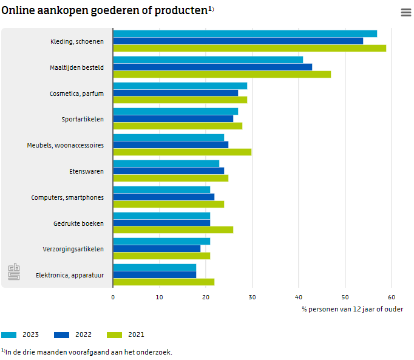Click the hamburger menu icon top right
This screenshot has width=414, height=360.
406,13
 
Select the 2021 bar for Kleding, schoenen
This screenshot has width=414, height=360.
249,48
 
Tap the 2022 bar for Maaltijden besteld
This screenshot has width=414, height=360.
212,67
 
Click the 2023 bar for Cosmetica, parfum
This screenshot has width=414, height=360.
180,86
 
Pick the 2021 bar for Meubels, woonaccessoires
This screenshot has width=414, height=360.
182,152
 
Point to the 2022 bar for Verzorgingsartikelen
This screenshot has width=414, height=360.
157,248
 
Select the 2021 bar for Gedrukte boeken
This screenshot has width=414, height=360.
173,229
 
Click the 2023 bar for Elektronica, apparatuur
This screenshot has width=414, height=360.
154,267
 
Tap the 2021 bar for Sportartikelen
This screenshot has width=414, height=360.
177,126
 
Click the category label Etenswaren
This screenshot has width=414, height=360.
86,171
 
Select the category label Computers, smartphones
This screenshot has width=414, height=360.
67,197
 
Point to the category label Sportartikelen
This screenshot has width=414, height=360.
83,119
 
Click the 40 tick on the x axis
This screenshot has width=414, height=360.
299,297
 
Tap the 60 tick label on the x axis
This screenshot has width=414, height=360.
392,297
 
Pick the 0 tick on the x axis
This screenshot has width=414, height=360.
113,297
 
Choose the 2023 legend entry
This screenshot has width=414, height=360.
21,335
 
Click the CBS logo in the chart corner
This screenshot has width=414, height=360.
14,272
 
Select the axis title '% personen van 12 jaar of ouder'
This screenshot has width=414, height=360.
352,309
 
